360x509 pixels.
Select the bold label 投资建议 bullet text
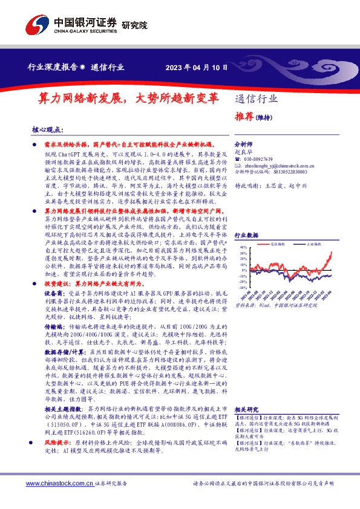[x=58, y=282]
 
